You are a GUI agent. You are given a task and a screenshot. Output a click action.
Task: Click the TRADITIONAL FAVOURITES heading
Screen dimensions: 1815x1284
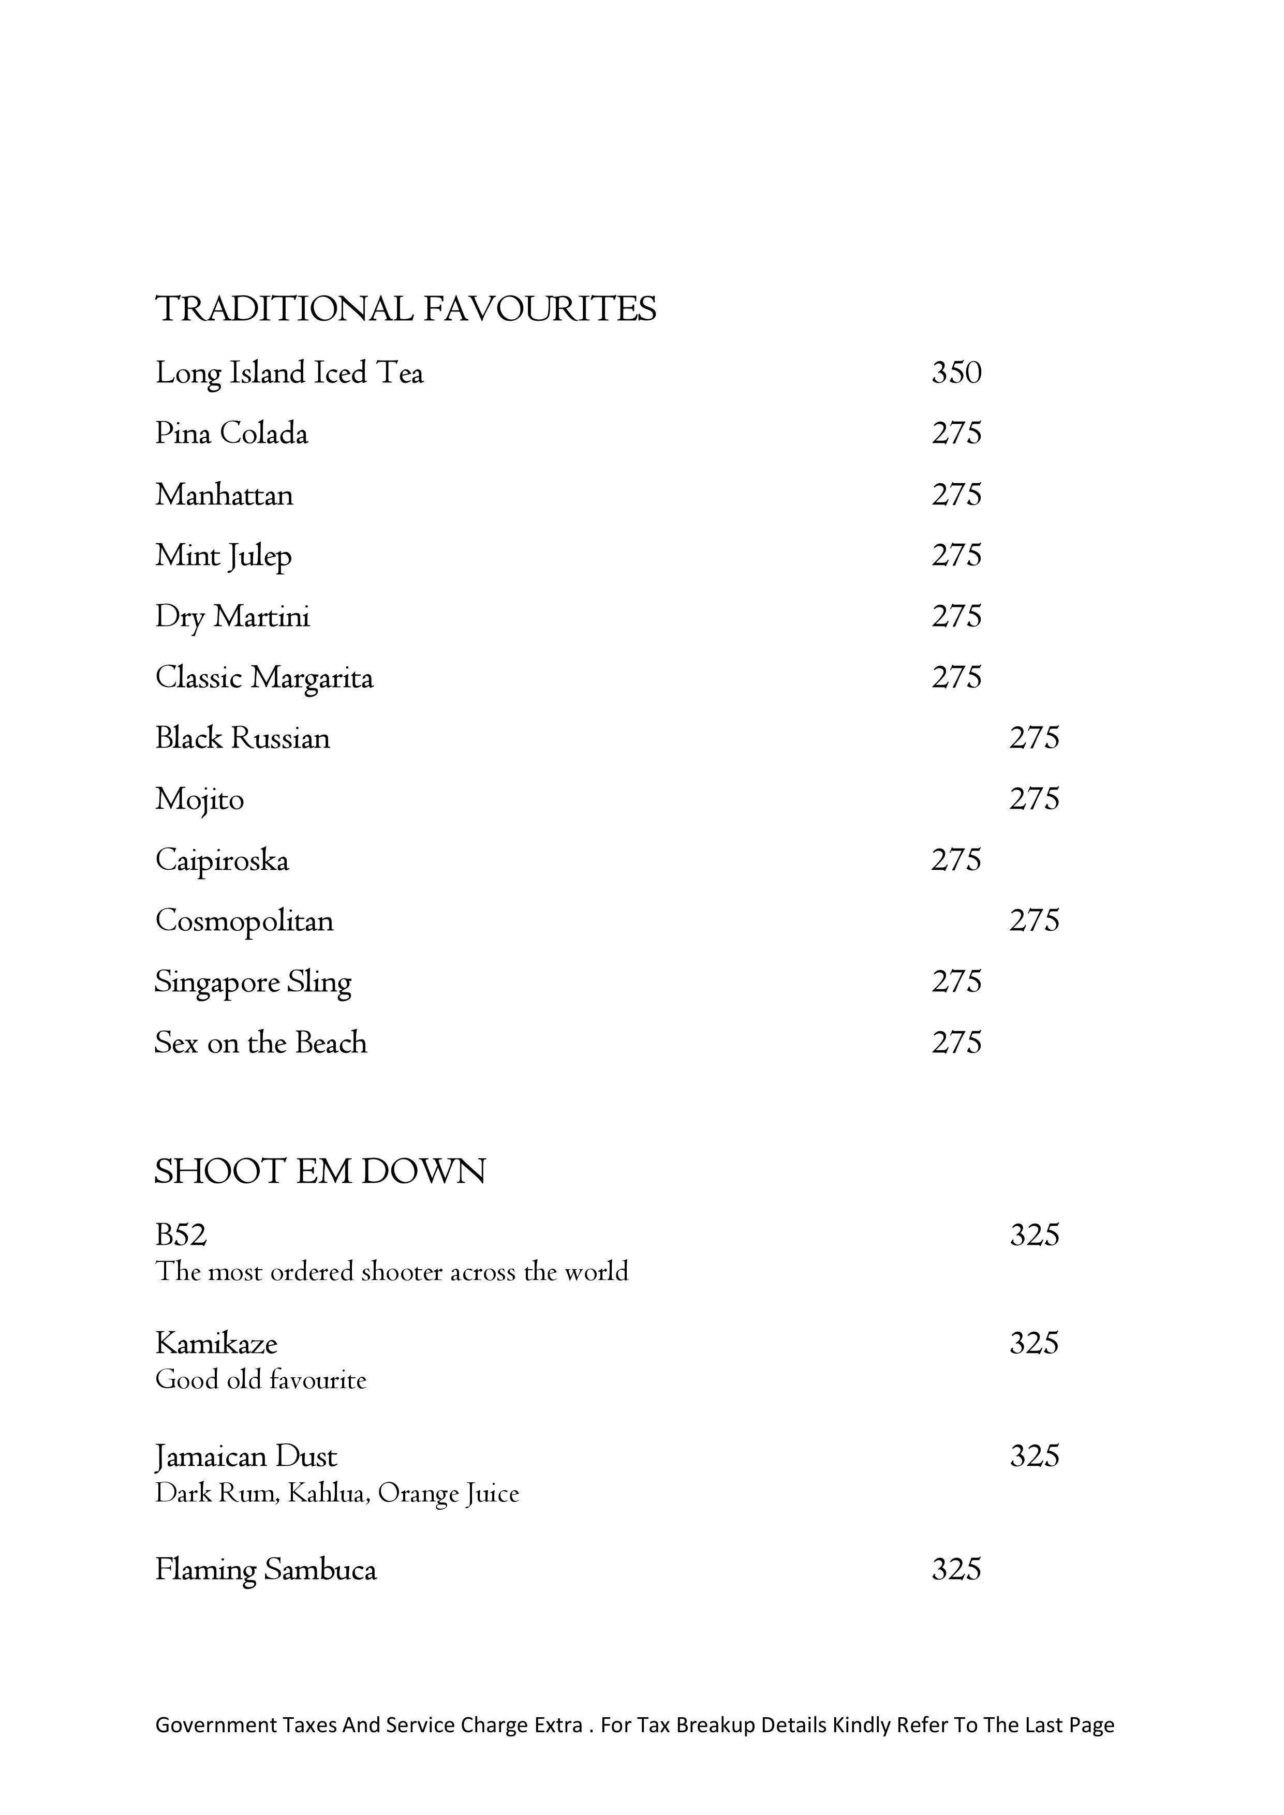406,308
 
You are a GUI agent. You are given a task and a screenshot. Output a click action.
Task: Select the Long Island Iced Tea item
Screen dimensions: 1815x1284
289,373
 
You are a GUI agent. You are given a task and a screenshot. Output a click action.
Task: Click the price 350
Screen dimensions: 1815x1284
957,373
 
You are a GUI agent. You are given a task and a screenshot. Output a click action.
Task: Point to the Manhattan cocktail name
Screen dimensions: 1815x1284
225,495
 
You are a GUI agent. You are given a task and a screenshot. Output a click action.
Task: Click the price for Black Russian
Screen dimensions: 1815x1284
1034,738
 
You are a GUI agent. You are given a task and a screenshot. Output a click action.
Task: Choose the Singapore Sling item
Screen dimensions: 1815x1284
253,983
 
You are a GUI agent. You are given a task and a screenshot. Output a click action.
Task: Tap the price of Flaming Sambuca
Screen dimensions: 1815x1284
957,1569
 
